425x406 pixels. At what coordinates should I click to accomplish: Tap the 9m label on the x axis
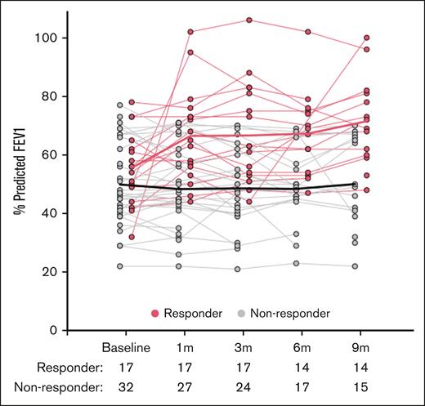pyautogui.click(x=367, y=348)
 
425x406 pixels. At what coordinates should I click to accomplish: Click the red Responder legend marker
pyautogui.click(x=156, y=313)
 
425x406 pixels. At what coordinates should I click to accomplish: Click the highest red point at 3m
pyautogui.click(x=249, y=20)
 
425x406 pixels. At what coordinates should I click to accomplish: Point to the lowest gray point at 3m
pyautogui.click(x=238, y=269)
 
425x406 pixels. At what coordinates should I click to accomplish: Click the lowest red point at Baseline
pyautogui.click(x=132, y=237)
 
